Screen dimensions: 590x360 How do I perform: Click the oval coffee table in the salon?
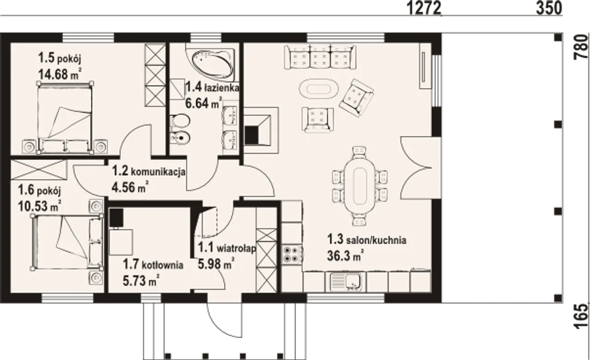point(319,89)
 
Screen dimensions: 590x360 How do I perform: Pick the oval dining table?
point(360,186)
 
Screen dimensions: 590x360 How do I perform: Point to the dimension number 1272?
point(424,8)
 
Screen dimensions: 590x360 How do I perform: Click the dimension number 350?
point(549,8)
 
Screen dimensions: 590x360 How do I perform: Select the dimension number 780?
point(581,47)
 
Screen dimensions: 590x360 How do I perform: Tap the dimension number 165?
point(581,317)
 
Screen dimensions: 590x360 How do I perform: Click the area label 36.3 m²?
point(346,255)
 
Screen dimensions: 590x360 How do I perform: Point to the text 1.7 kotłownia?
point(153,264)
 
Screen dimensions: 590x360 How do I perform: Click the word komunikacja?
point(158,172)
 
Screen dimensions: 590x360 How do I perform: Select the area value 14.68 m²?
point(60,74)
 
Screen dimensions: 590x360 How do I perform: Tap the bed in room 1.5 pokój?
point(65,118)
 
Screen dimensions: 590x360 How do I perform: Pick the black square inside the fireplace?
point(252,135)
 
